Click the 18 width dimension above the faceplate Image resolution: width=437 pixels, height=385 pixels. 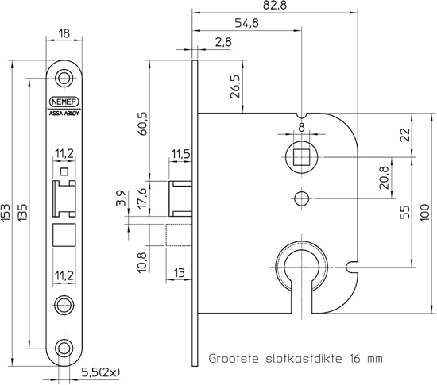click(65, 34)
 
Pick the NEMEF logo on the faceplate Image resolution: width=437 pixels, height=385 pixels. click(64, 102)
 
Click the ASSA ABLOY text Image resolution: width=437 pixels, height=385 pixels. click(64, 113)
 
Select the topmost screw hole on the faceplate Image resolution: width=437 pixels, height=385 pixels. click(64, 79)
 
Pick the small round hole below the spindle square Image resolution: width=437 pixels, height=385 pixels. click(300, 198)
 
